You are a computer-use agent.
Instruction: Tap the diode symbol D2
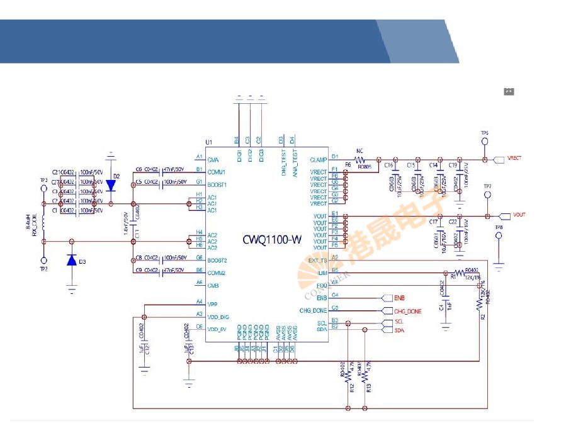(x=111, y=186)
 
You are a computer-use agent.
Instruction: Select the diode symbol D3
(x=72, y=261)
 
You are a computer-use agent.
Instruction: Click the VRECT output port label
(x=514, y=159)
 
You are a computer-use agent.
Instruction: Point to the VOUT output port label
(x=519, y=215)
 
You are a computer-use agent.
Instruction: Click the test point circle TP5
(x=485, y=142)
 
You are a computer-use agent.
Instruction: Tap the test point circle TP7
(x=487, y=196)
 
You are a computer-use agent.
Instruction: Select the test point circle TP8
(x=499, y=237)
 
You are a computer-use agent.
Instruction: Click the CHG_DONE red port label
(x=407, y=311)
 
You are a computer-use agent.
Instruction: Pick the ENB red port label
(x=399, y=298)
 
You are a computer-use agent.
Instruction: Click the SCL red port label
(x=399, y=322)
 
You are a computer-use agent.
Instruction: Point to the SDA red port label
(x=399, y=330)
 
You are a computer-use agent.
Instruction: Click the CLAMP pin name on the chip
(x=319, y=160)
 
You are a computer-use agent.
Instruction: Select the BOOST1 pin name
(x=217, y=184)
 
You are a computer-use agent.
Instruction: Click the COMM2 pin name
(x=217, y=273)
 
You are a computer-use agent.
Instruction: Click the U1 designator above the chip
(x=208, y=142)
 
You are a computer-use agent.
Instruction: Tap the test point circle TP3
(x=43, y=188)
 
